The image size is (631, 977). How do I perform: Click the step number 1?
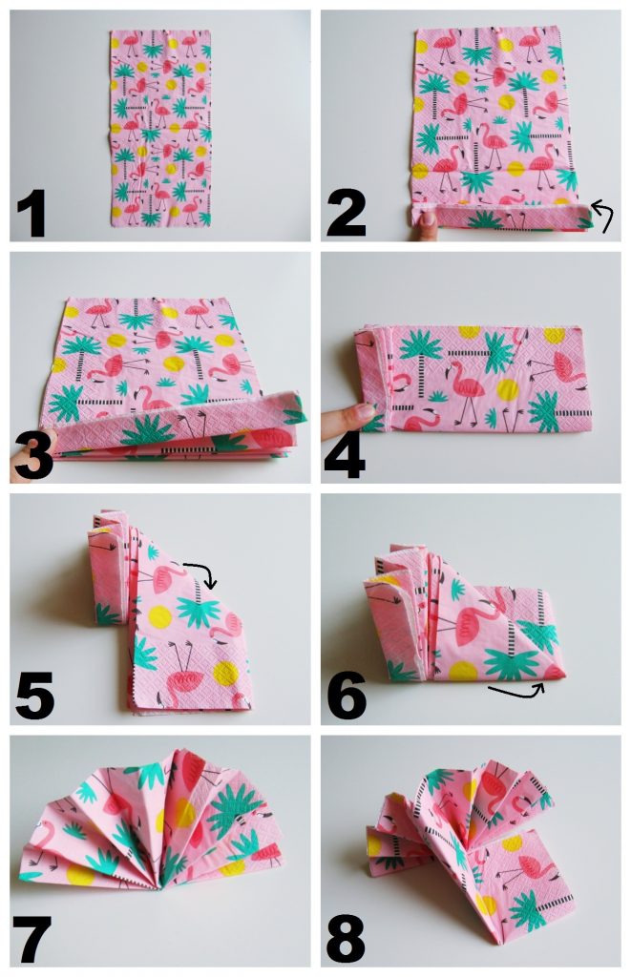click(32, 214)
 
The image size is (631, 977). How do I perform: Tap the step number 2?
click(346, 214)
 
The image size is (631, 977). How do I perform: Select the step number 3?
click(33, 457)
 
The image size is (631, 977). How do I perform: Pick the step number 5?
click(34, 697)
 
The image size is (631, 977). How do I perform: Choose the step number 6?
click(347, 697)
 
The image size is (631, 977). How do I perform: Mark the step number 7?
click(33, 939)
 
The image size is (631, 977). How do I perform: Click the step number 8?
click(346, 939)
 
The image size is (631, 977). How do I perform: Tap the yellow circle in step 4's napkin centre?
click(508, 390)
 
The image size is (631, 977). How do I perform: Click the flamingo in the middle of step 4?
click(465, 387)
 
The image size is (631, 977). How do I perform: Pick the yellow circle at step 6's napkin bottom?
click(463, 671)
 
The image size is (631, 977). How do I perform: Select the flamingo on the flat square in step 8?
click(529, 870)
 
